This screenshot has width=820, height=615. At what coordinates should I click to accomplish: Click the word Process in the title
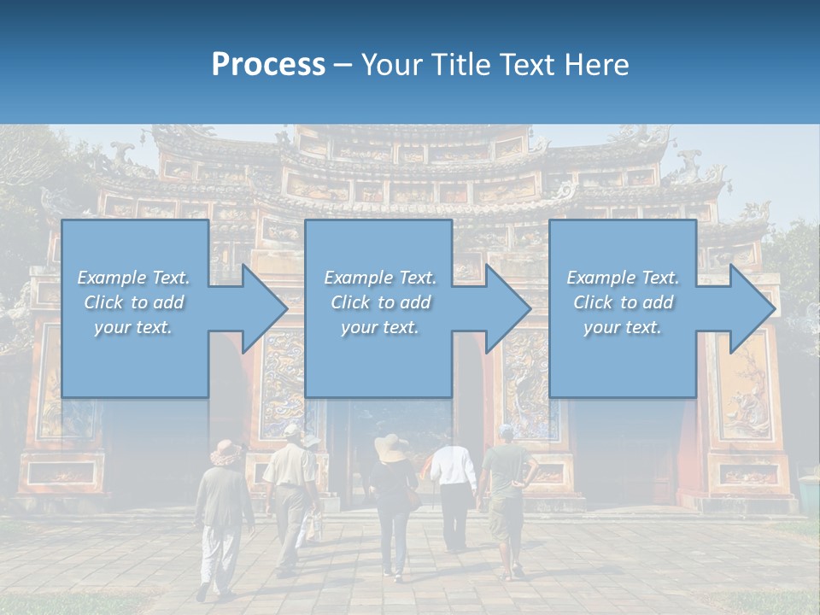point(268,65)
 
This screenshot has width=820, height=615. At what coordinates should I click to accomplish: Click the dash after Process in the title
point(343,66)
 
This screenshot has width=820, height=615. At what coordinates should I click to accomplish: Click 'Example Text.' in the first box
point(133,278)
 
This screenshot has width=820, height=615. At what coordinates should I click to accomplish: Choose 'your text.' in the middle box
point(380,327)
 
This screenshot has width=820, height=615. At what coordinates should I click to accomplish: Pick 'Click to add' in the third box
point(623,302)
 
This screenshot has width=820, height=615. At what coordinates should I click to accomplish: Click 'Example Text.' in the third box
point(623,278)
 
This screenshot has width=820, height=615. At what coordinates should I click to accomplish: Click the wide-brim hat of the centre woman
point(391,448)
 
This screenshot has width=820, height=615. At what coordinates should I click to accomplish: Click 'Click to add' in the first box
point(133,302)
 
